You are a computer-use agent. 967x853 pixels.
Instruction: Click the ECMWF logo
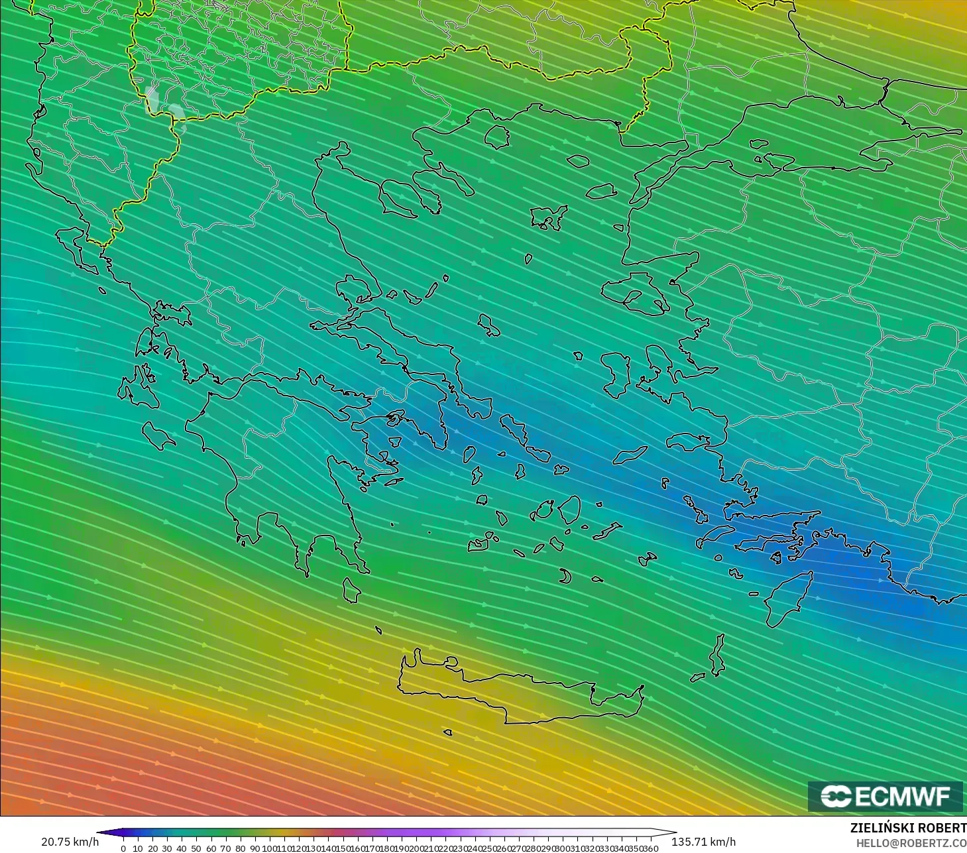click(885, 796)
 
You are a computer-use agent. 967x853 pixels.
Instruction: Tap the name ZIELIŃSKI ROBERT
click(908, 828)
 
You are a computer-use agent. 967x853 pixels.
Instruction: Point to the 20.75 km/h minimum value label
click(70, 842)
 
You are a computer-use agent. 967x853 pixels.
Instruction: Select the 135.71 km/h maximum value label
click(703, 842)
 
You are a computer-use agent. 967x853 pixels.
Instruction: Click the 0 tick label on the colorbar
click(123, 848)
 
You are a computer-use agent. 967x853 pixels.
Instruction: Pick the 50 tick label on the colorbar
click(196, 848)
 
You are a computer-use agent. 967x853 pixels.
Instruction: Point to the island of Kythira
click(351, 591)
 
